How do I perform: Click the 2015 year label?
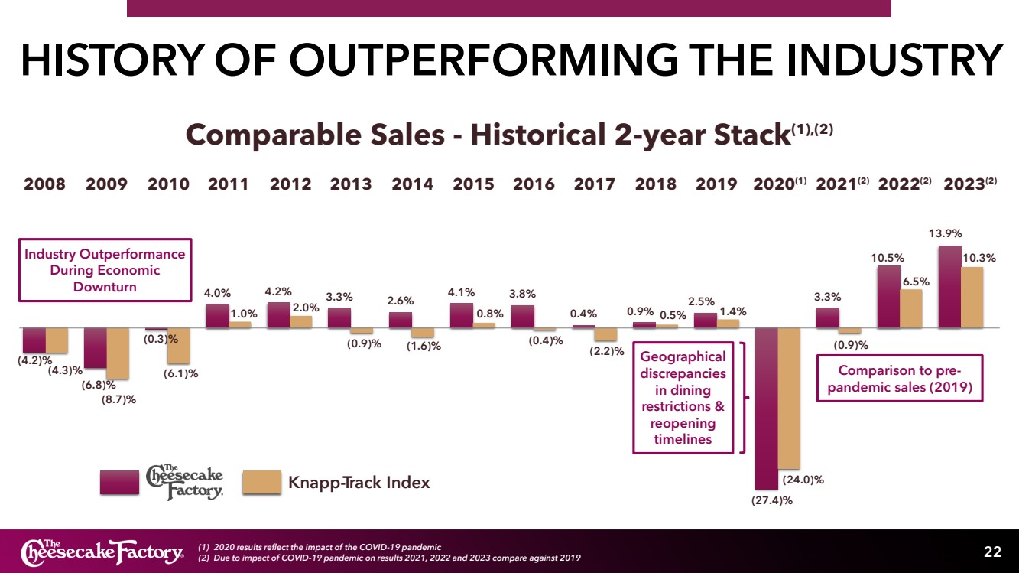[x=473, y=184]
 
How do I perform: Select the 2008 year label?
[x=44, y=184]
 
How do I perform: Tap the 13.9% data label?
[x=945, y=232]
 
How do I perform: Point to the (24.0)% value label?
[x=803, y=480]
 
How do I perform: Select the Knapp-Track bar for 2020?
[x=790, y=398]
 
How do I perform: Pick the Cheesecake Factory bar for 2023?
[x=949, y=287]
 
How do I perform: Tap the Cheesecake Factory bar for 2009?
[x=95, y=348]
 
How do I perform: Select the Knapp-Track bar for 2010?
[x=178, y=345]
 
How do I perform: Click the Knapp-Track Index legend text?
[x=359, y=483]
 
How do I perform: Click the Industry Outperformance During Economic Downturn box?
[x=105, y=270]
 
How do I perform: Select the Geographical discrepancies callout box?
[x=683, y=398]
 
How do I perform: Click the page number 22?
[x=992, y=552]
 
